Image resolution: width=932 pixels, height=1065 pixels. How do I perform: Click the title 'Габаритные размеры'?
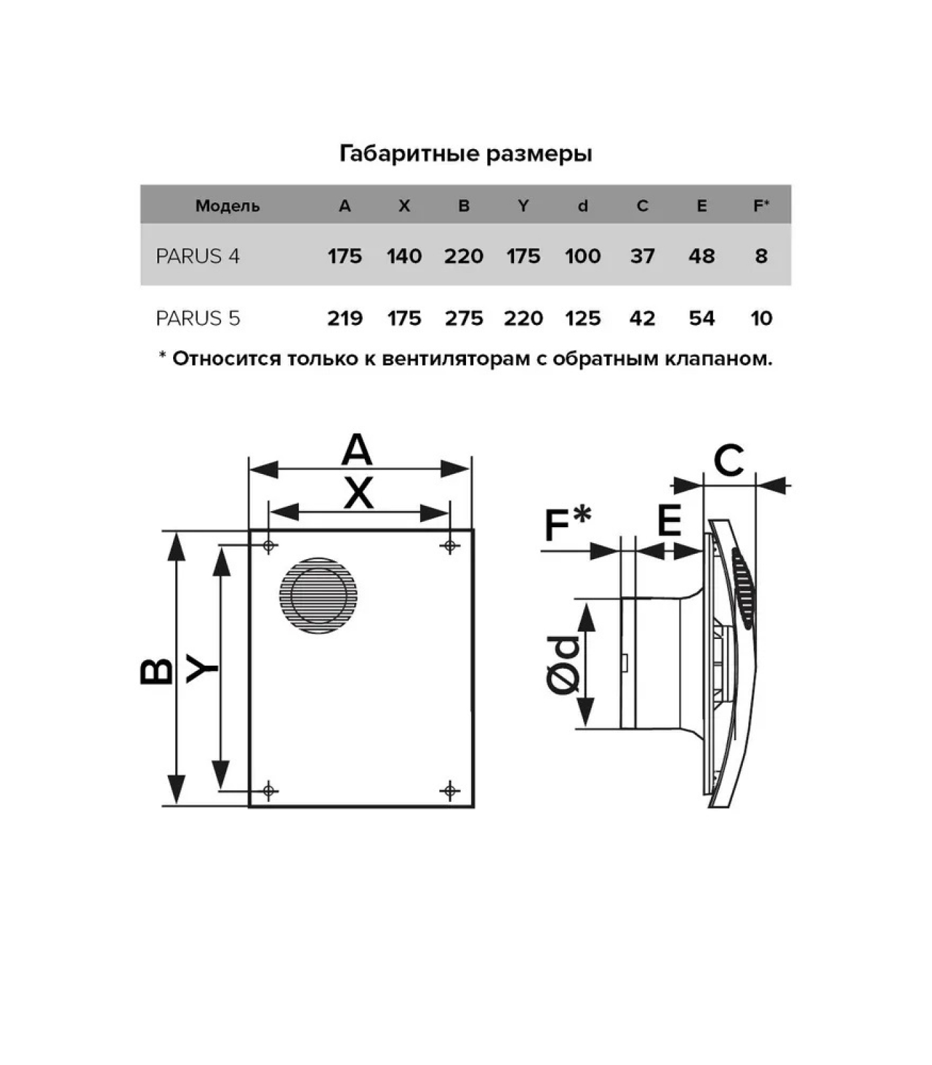tap(465, 154)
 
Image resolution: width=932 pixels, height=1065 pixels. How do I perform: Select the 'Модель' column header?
tap(227, 206)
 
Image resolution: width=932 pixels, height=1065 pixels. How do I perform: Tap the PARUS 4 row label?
tap(198, 256)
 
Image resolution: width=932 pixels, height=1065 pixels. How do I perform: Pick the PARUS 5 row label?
tap(198, 318)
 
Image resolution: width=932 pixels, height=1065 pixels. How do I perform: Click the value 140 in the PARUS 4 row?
tap(404, 256)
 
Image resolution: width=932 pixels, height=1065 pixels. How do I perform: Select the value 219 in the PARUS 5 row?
tap(345, 318)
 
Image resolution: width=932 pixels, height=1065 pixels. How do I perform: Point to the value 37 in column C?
tap(642, 256)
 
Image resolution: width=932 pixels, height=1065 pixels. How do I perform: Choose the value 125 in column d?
tap(582, 318)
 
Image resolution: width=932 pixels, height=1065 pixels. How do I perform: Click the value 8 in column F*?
tap(761, 256)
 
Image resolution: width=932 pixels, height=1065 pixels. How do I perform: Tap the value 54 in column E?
tap(702, 318)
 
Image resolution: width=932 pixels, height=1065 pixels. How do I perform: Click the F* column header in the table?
tap(761, 206)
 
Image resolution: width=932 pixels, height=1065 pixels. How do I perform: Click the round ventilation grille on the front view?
tap(318, 594)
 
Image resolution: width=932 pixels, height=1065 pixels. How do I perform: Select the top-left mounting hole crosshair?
tap(269, 546)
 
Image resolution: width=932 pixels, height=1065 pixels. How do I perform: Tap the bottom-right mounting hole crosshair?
tap(450, 790)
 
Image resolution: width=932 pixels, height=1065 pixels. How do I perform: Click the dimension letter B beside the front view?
tap(157, 671)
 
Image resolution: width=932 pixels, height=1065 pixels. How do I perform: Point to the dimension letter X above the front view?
tap(359, 494)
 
